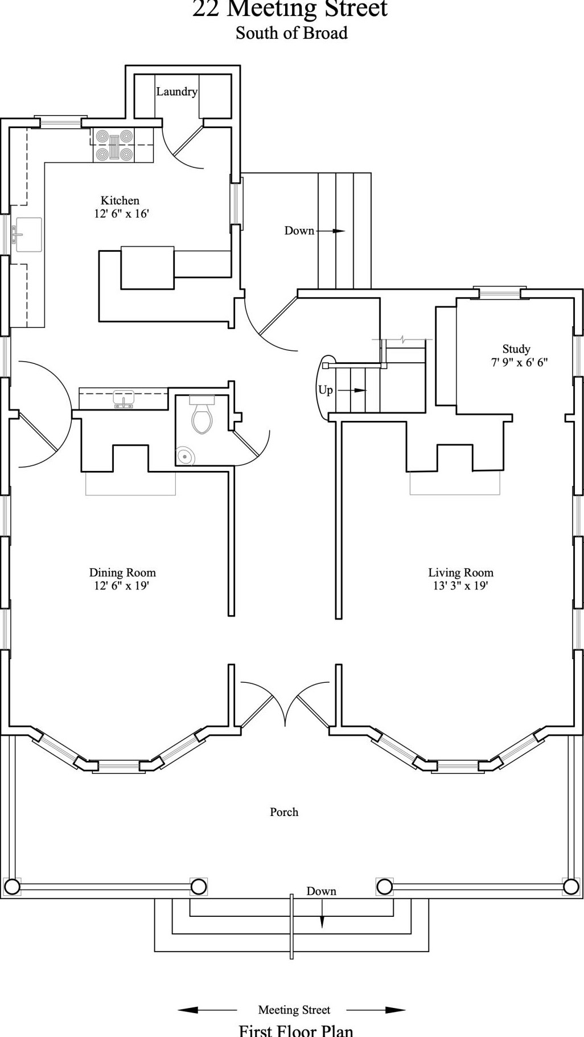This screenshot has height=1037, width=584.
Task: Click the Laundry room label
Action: point(176,92)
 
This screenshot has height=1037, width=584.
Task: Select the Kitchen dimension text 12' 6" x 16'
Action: point(121,214)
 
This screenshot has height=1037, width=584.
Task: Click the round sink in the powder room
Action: point(185,456)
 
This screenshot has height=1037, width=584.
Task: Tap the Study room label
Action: point(516,349)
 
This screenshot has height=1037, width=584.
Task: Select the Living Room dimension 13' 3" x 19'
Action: point(461,585)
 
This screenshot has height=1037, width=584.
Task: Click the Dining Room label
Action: point(122,572)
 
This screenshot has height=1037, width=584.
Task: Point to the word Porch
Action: point(284,812)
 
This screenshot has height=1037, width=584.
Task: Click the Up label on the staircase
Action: point(325,391)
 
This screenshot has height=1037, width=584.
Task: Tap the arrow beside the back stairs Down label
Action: point(331,231)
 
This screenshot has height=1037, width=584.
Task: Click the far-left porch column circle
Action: point(12,887)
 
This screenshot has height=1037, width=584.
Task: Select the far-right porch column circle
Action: point(571,887)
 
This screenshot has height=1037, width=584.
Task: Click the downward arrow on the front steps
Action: point(322,913)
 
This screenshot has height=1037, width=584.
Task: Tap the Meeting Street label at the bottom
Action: point(294,1010)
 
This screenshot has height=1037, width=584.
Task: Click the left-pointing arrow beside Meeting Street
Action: point(207,1010)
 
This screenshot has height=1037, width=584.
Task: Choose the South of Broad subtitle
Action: point(291,33)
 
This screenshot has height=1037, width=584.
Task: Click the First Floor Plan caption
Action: point(296,1030)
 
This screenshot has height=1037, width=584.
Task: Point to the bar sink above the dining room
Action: point(124,399)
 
